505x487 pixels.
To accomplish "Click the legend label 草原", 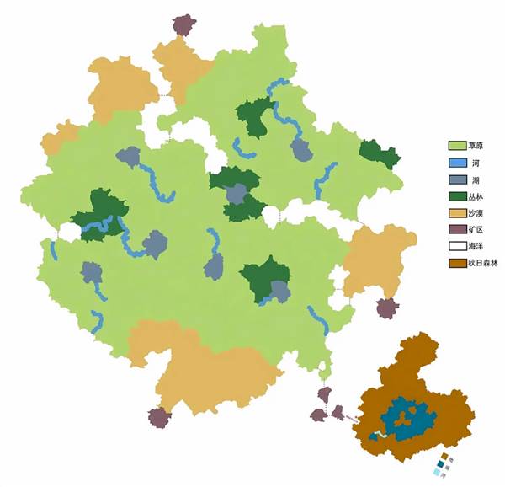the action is (x=477, y=145).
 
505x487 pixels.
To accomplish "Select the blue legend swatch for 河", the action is (x=457, y=163).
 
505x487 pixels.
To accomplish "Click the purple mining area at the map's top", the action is (x=183, y=24).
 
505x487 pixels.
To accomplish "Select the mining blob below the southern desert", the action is (x=157, y=417).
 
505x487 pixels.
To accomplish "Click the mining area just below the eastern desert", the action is (x=386, y=308).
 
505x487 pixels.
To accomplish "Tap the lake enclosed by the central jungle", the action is (x=238, y=195).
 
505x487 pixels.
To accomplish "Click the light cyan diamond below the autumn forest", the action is (x=436, y=474).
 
